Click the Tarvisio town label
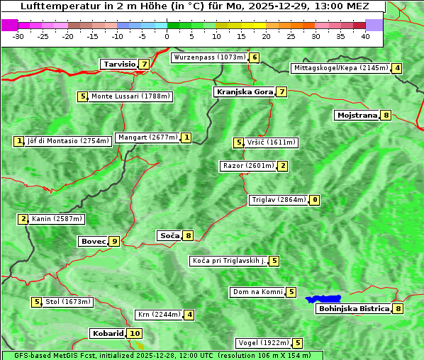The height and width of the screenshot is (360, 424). pos(119,64)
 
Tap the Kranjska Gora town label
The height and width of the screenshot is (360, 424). pos(244,91)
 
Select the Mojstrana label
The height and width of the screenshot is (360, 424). pos(357,115)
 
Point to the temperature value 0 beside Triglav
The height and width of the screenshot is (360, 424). pos(315,200)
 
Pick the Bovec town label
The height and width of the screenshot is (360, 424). pos(93,241)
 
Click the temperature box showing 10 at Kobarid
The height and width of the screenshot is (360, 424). pos(135,333)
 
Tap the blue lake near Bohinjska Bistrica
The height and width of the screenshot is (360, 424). pos(323,299)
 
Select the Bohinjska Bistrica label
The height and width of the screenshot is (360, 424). pos(354,308)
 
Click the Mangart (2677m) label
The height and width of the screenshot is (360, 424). pos(148,137)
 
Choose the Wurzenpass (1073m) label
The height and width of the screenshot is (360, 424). pos(210,57)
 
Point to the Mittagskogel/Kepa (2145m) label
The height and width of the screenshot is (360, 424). pos(340,68)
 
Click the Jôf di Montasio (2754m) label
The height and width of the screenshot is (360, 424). pos(68,141)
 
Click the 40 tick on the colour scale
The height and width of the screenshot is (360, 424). pos(365,36)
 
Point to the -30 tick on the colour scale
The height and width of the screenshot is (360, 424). pos(19,36)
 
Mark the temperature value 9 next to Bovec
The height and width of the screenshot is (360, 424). pos(114,241)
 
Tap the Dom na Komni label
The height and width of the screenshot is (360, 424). pos(257,292)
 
